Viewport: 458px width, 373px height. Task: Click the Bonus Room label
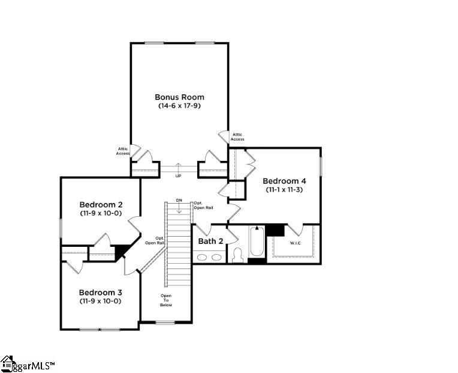[179, 97]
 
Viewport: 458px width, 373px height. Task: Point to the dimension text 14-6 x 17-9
[179, 106]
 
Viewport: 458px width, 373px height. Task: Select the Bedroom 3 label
[100, 293]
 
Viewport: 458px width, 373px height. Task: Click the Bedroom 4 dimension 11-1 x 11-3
[285, 190]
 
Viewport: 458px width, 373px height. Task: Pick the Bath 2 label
[210, 241]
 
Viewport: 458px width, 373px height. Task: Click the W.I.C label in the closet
[296, 243]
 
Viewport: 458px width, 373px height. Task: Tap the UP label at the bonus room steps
[178, 176]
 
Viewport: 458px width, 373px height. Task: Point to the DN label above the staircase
[179, 200]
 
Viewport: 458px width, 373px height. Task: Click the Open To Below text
[166, 300]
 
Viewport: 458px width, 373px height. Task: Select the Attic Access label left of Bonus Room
[123, 151]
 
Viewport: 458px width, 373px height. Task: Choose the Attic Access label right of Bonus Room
[237, 137]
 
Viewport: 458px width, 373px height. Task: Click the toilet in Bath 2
[237, 255]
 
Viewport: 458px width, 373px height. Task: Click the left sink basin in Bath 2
[203, 257]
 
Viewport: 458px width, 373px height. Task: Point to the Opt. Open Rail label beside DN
[201, 205]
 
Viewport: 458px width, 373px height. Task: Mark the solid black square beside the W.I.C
[275, 229]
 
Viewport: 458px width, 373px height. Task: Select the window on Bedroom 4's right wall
[321, 166]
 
